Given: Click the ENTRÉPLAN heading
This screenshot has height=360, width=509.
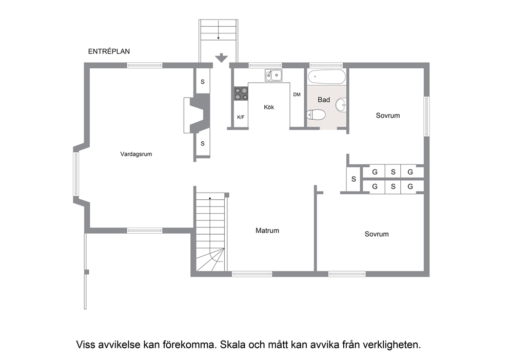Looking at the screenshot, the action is (109, 51).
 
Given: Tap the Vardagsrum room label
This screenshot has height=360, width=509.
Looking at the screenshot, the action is (136, 154).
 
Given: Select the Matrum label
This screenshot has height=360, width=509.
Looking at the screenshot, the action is (267, 231).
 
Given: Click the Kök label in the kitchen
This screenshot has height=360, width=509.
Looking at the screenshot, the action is (269, 107).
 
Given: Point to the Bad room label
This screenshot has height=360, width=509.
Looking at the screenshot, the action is (324, 100).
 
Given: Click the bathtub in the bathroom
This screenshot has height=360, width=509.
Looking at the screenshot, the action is (326, 77).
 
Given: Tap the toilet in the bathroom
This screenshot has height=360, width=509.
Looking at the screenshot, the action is (316, 115).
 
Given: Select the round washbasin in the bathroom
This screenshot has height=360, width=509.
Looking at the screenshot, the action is (341, 105).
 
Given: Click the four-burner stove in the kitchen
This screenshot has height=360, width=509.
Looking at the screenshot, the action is (241, 93).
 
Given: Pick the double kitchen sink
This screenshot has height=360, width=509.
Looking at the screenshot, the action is (273, 75).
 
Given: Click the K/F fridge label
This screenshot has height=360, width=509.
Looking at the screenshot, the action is (241, 117).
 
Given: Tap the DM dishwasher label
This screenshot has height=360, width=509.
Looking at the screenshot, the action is (297, 94).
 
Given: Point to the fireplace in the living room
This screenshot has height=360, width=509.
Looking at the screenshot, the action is (197, 116).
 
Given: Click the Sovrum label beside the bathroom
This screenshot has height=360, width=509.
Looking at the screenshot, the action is (387, 116).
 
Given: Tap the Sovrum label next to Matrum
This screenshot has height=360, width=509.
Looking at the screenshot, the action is (377, 234).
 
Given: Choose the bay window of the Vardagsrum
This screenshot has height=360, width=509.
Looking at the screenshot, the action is (75, 174).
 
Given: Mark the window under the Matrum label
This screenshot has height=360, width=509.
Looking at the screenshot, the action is (252, 274).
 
